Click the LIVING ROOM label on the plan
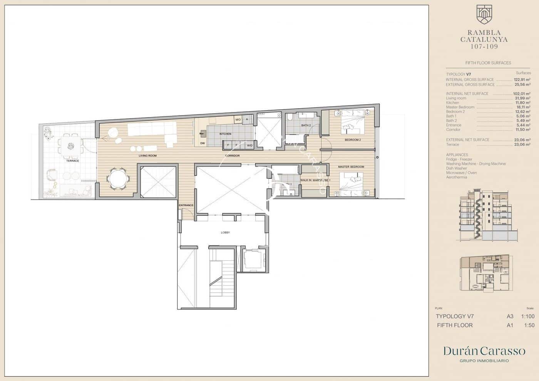point(148,156)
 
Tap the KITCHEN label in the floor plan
point(225,134)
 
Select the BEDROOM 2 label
point(352,140)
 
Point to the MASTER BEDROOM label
point(351,167)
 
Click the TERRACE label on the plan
point(72,161)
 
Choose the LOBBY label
point(225,232)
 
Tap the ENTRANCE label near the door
point(186,205)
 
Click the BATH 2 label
point(306,125)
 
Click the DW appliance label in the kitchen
point(203,143)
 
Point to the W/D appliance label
point(249,145)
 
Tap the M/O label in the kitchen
point(238,120)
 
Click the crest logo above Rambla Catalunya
point(484,14)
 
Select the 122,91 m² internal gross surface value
point(522,79)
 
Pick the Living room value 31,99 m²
point(522,98)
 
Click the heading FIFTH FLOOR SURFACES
point(488,63)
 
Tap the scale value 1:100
point(527,316)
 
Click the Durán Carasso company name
point(484,351)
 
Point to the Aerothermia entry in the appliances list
point(456,177)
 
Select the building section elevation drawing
point(484,214)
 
